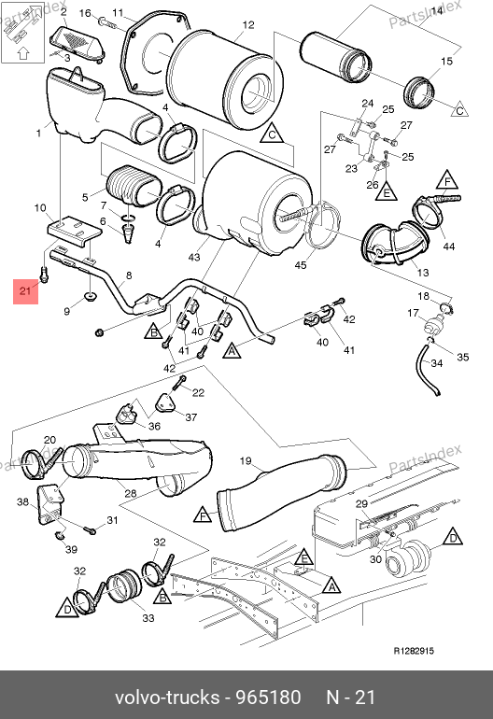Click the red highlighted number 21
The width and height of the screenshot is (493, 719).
tap(25, 290)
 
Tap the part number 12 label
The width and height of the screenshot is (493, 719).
tap(247, 25)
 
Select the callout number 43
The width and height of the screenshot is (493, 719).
tap(194, 257)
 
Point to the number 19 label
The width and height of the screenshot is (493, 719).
tap(246, 460)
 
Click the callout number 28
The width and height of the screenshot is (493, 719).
tap(131, 493)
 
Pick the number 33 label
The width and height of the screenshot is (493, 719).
tap(148, 618)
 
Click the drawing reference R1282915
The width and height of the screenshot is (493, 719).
tap(414, 651)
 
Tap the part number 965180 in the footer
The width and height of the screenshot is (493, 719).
tap(268, 698)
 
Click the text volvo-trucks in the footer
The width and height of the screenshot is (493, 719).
tap(167, 698)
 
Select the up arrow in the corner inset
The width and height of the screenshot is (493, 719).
tap(23, 52)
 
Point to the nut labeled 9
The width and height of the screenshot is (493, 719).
tap(90, 296)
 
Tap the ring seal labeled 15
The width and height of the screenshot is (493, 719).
tap(418, 92)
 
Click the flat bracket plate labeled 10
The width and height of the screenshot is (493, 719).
tap(75, 232)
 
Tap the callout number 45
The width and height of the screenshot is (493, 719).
tap(301, 265)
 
